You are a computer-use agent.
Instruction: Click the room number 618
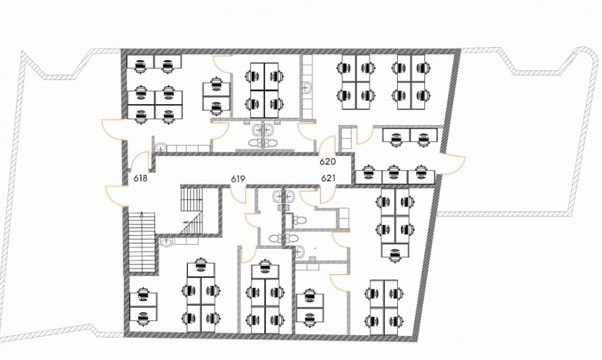140,178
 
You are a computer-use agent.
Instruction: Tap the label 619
238,179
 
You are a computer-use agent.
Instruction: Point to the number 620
327,162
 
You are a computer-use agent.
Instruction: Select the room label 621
328,178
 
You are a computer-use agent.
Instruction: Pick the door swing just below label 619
239,195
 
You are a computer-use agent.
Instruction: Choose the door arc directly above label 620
327,145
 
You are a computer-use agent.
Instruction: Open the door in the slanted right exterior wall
453,164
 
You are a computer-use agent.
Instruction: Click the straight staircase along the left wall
142,242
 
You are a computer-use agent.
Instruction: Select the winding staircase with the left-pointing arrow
191,210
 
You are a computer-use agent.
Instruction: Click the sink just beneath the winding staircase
166,242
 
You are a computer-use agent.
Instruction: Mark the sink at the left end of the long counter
160,147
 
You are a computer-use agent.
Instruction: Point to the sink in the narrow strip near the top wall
307,88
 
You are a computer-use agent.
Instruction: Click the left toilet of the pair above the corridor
255,143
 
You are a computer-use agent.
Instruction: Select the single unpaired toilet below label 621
298,220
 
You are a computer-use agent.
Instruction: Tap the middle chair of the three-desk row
394,172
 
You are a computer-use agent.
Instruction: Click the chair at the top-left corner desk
140,65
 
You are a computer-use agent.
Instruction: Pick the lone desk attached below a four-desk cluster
395,251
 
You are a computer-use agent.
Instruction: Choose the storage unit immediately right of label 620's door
346,138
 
